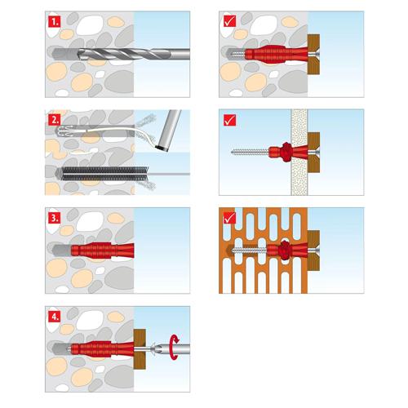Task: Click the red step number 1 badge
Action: (55, 22)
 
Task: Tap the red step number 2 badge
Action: (55, 120)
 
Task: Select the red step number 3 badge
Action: (55, 218)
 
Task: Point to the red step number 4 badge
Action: (55, 317)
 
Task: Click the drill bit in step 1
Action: (133, 54)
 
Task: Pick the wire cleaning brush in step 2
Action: (104, 174)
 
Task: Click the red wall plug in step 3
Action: (103, 251)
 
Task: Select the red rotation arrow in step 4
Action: (174, 348)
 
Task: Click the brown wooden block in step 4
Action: (140, 349)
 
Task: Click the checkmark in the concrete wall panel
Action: (229, 21)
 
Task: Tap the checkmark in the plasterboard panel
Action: (229, 120)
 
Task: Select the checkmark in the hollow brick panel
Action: (229, 218)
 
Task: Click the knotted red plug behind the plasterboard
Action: (288, 152)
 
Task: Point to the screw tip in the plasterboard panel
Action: (232, 152)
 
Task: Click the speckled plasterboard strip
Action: (299, 152)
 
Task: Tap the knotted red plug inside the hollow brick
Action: (287, 250)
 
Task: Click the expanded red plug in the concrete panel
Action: (277, 54)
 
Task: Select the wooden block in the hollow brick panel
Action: (313, 251)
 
